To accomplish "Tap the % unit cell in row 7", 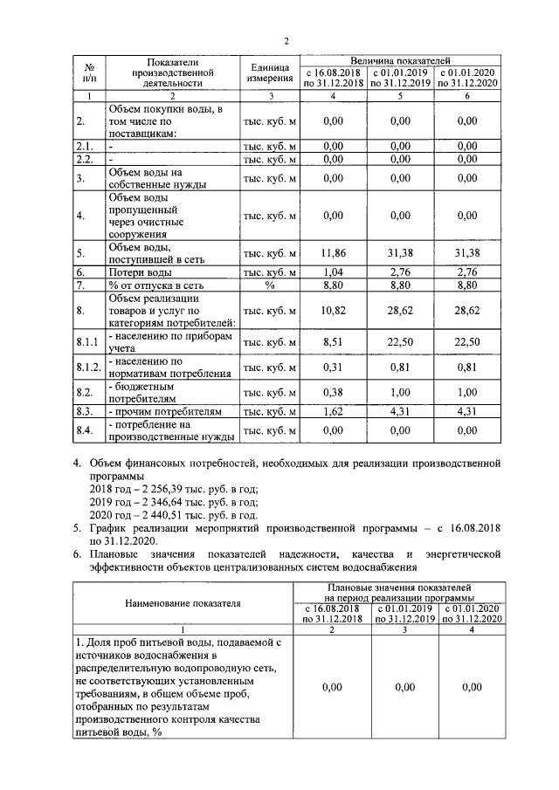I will (x=269, y=285).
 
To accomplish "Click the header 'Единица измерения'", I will (x=269, y=72).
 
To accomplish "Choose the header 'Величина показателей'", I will (x=401, y=56).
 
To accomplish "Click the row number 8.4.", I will (x=85, y=429).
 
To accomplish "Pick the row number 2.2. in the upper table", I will (x=84, y=160).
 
